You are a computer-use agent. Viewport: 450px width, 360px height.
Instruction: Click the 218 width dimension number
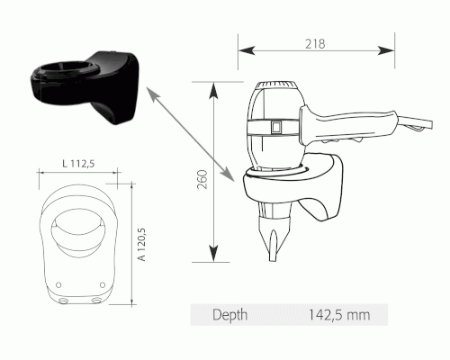pyautogui.click(x=315, y=44)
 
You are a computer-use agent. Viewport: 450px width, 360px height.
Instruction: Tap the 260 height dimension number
pyautogui.click(x=202, y=179)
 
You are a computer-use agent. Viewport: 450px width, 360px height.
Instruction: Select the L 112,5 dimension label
pyautogui.click(x=78, y=164)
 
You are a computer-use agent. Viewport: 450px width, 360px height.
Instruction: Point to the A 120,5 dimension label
pyautogui.click(x=142, y=244)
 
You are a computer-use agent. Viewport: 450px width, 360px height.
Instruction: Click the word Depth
pyautogui.click(x=230, y=315)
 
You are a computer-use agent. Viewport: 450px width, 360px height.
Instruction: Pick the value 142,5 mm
pyautogui.click(x=339, y=315)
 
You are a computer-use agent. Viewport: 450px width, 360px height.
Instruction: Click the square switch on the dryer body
pyautogui.click(x=275, y=127)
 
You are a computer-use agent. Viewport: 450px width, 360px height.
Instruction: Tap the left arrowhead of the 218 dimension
pyautogui.click(x=247, y=50)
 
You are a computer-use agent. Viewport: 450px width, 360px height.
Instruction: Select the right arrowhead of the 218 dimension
pyautogui.click(x=386, y=50)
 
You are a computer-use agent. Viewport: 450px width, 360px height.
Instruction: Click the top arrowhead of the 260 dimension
pyautogui.click(x=213, y=91)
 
